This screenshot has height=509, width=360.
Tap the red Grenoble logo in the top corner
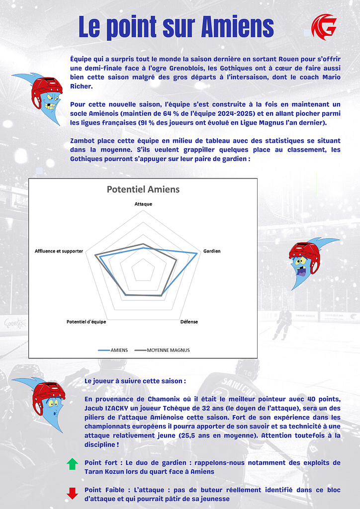[x=324, y=27]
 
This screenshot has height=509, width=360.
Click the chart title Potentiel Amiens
[x=143, y=189]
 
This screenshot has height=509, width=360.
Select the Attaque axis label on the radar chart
[x=143, y=204]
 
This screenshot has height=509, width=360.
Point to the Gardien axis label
[x=212, y=251]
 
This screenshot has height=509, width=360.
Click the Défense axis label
[x=189, y=322]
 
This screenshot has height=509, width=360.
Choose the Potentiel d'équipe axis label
[x=86, y=322]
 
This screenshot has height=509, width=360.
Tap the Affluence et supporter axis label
[x=59, y=251]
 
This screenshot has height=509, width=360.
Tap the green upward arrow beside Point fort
[x=73, y=464]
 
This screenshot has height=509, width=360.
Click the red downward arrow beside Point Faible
[x=73, y=493]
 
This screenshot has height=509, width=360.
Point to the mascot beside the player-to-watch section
[x=45, y=403]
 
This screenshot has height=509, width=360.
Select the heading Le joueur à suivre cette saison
[x=135, y=381]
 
